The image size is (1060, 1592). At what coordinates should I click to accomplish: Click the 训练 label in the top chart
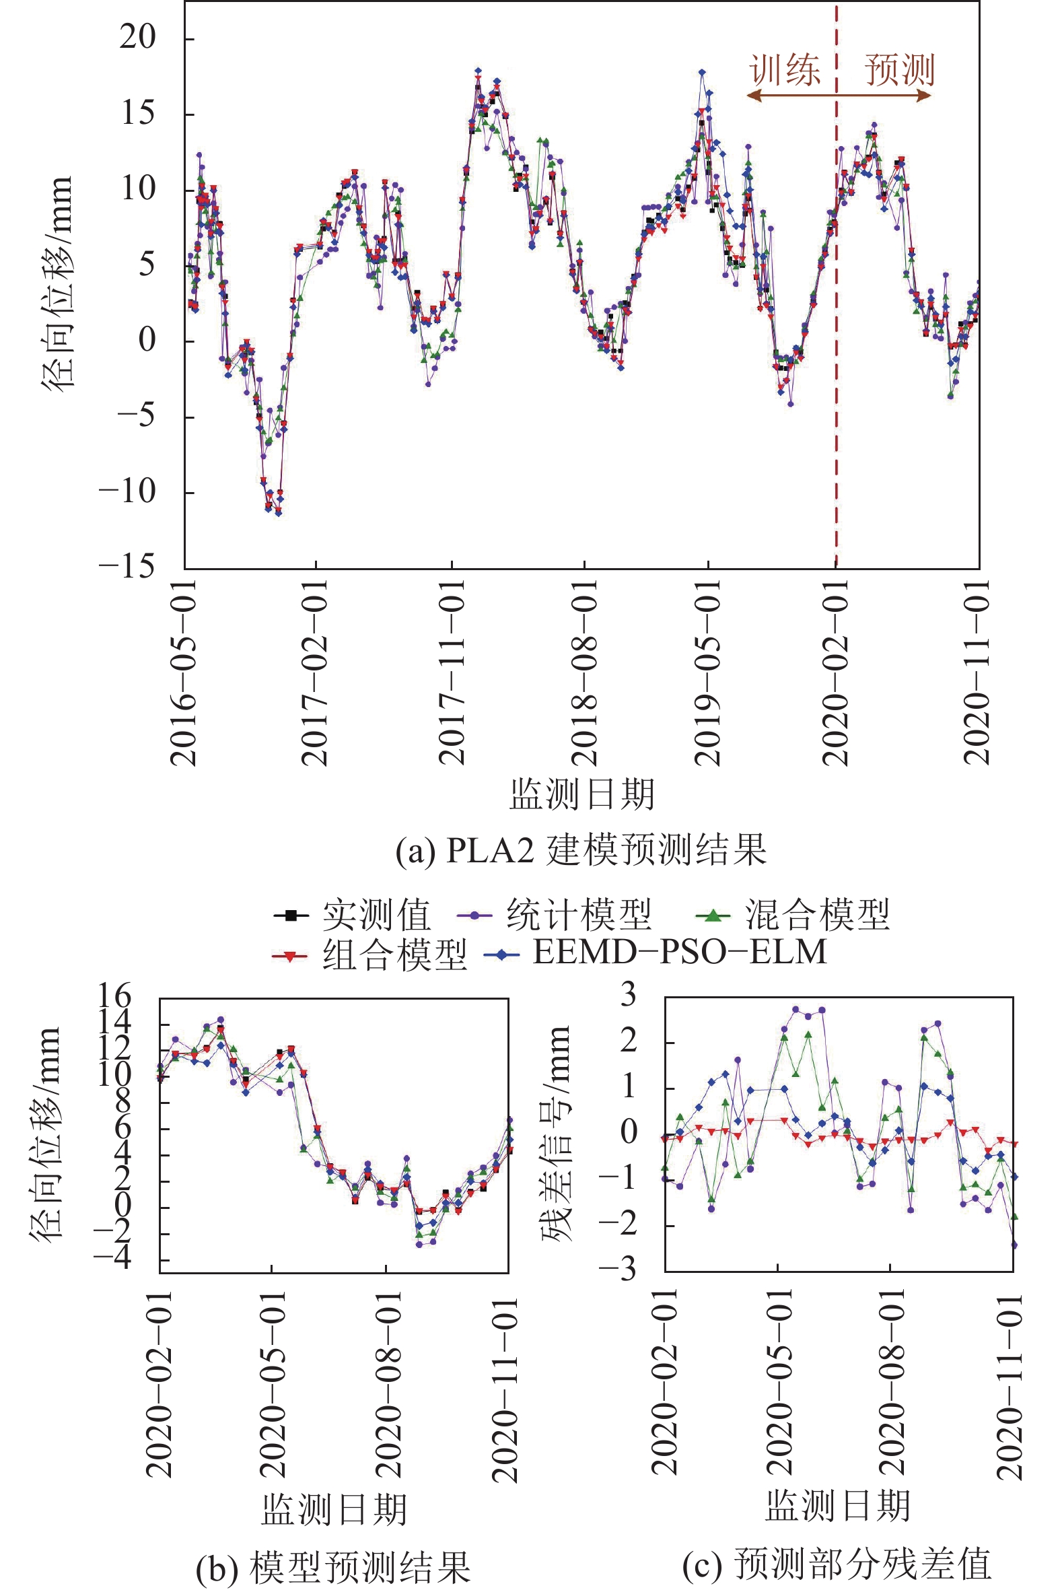tap(785, 70)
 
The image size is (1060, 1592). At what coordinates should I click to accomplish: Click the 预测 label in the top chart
tap(899, 70)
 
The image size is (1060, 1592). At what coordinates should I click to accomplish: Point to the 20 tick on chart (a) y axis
tap(139, 37)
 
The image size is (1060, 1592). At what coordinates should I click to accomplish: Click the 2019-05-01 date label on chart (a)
tap(709, 672)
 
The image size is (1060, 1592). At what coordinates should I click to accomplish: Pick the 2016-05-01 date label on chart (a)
tap(184, 672)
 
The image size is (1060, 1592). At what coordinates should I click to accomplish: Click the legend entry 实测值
tap(375, 916)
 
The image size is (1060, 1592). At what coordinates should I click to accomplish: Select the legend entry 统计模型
tap(579, 916)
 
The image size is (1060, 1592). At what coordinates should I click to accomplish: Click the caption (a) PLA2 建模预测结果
tap(581, 850)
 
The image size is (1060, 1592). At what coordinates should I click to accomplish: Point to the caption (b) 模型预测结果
tap(333, 1567)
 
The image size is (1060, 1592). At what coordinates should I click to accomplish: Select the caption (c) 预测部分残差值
tap(837, 1564)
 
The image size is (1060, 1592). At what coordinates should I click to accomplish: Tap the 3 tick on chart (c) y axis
tap(629, 996)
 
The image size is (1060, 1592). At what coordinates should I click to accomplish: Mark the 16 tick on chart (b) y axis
tap(114, 996)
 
